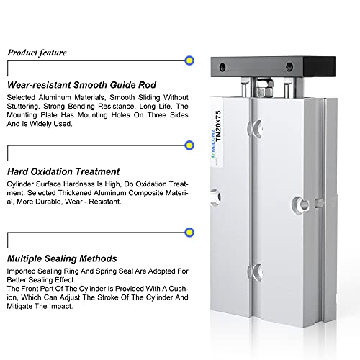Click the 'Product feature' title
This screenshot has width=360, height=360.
37,53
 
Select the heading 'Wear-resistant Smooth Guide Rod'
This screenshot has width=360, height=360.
81,85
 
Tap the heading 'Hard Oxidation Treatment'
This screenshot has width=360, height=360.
63,171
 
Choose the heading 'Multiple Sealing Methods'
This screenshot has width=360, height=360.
62,258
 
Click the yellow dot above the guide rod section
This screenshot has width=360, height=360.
189,60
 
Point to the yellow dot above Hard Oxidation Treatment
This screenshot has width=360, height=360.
189,145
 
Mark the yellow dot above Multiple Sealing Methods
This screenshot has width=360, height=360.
189,233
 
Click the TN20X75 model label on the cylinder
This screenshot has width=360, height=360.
218,126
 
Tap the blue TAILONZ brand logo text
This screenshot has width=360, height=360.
212,143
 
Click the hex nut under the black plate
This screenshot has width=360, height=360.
264,88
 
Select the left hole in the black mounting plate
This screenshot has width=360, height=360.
222,67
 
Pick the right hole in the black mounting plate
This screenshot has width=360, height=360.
289,67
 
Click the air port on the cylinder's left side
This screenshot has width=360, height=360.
215,197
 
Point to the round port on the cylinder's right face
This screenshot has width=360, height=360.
301,204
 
